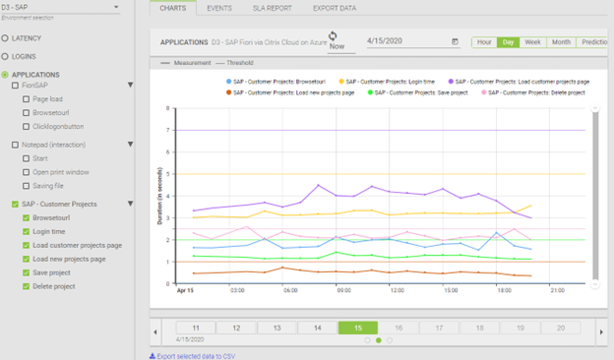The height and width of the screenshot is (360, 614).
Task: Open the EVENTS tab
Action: (219, 7)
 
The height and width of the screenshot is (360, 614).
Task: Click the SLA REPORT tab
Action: (273, 7)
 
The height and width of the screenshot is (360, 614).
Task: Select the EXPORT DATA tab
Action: (335, 7)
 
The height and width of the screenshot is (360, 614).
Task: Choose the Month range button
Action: (561, 42)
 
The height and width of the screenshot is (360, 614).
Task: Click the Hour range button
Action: (484, 42)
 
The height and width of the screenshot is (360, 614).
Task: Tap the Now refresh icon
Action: (337, 36)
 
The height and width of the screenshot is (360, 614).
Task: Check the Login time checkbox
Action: (27, 231)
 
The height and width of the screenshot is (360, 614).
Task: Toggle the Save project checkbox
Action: (27, 272)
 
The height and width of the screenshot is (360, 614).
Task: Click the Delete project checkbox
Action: (27, 286)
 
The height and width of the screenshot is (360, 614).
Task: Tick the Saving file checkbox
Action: (27, 185)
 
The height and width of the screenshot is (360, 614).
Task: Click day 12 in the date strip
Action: (236, 327)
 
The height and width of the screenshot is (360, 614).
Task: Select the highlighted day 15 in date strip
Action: (358, 327)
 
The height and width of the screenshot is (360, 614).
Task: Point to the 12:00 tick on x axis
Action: (398, 291)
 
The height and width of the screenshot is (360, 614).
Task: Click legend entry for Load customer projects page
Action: (518, 82)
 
